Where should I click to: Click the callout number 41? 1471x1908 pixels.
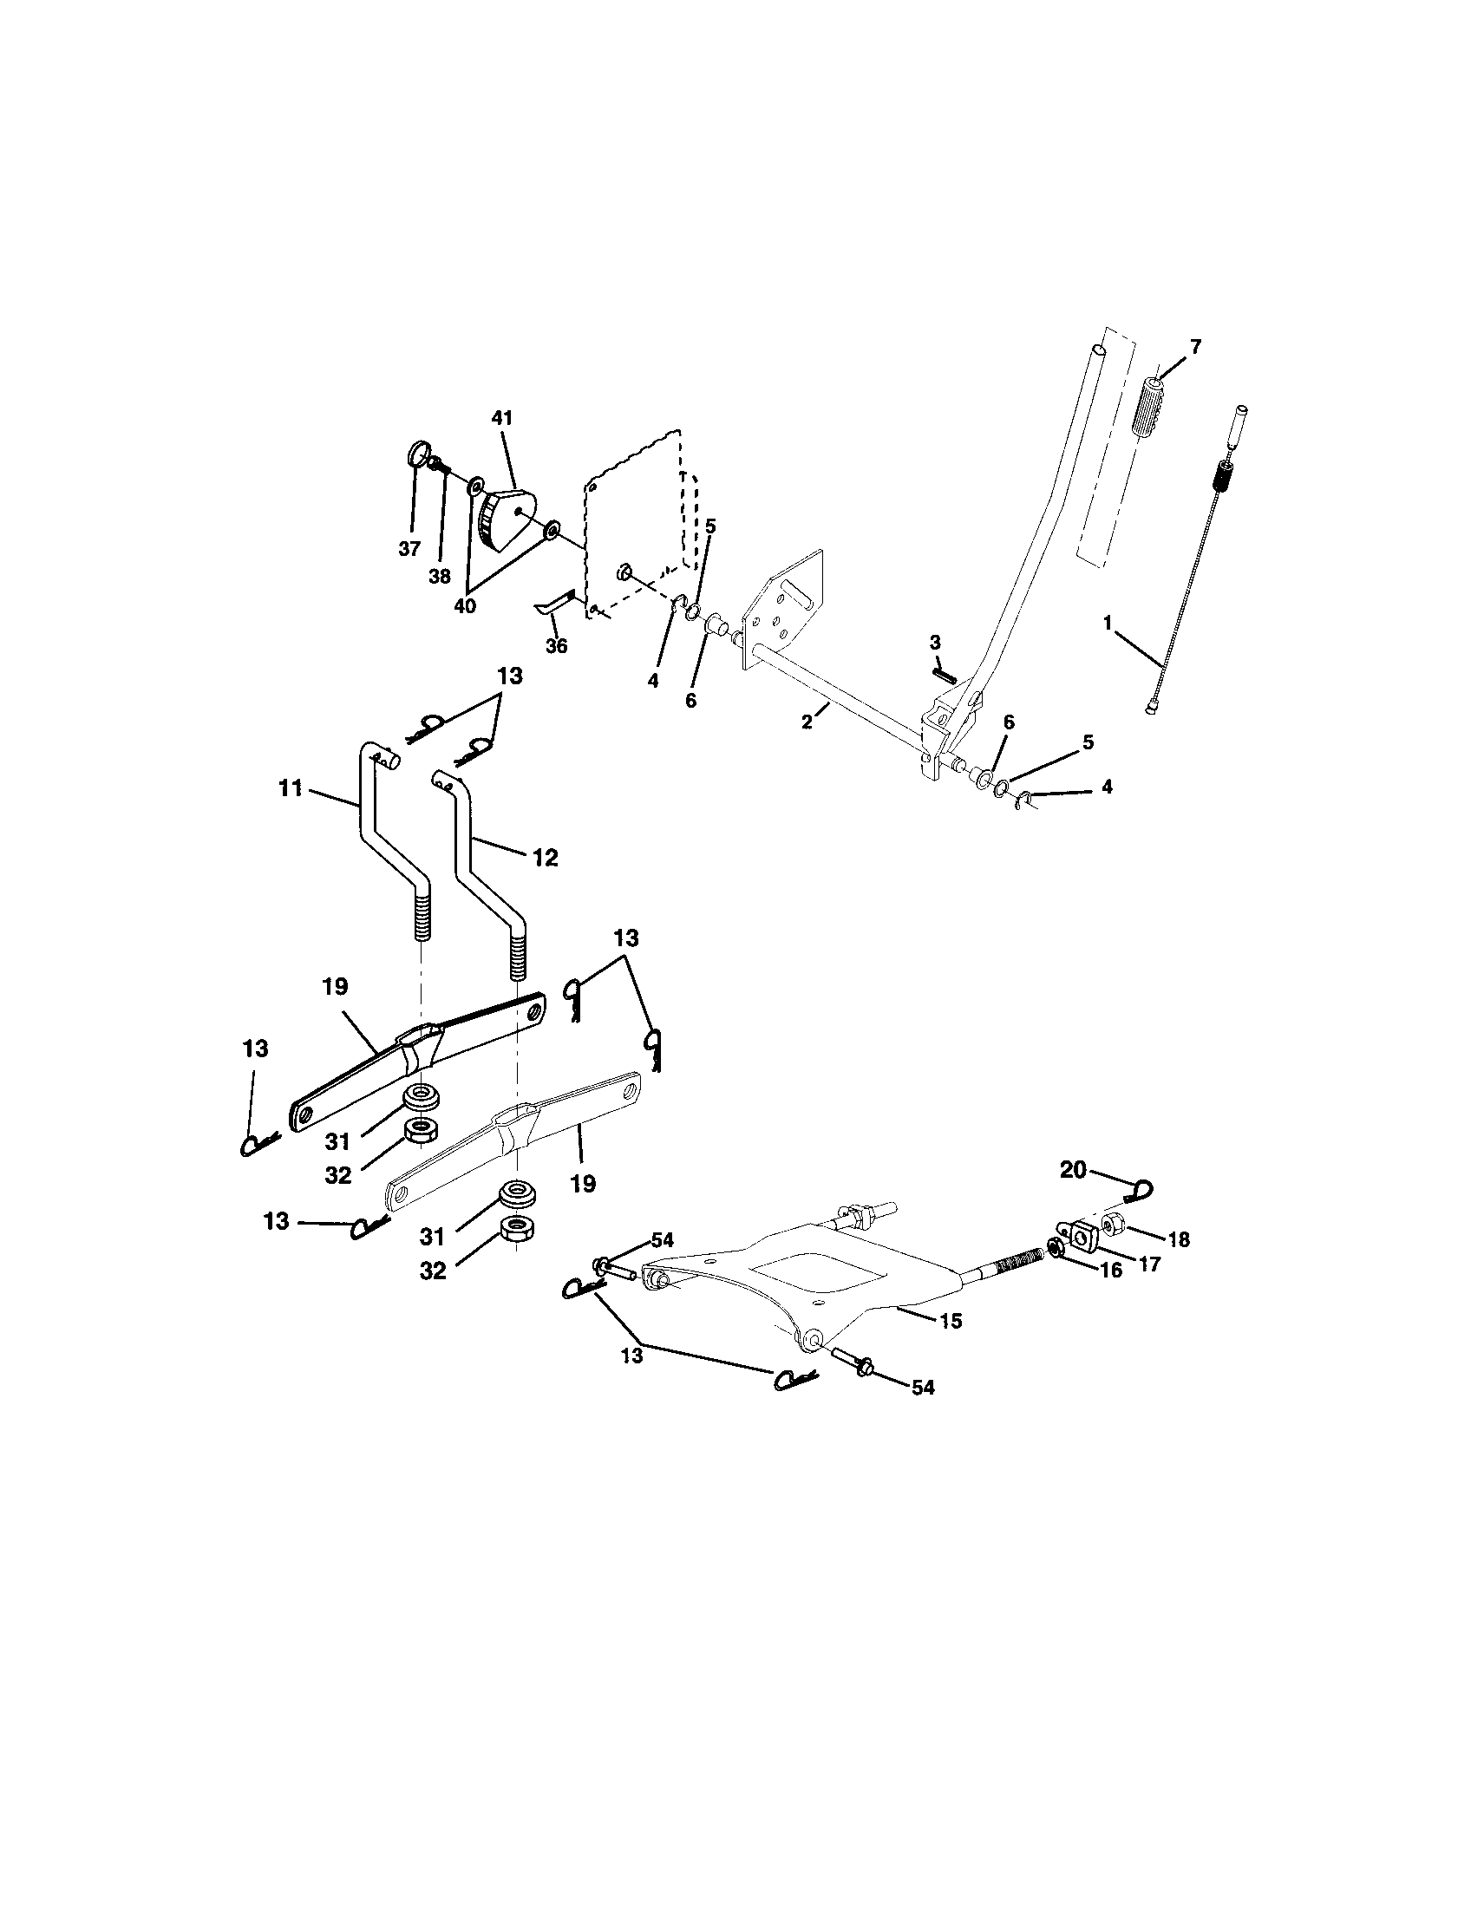coord(501,419)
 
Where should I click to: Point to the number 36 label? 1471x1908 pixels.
coord(557,646)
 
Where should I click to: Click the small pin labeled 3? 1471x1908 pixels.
coord(945,674)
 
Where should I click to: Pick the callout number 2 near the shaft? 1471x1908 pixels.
coord(807,722)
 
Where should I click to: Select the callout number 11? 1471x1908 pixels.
coord(290,789)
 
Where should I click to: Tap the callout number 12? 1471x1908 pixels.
coord(544,858)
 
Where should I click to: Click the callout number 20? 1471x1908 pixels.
coord(1073,1170)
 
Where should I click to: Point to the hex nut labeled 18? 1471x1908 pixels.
coord(1113,1227)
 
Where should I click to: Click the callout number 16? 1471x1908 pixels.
coord(1110,1271)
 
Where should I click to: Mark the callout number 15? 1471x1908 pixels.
coord(951,1321)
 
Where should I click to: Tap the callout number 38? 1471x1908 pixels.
coord(440,577)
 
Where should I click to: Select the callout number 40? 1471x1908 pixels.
coord(465,605)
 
